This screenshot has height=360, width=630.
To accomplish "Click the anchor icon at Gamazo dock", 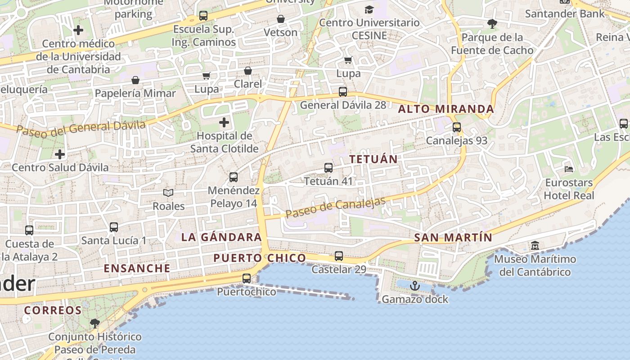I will pyautogui.click(x=414, y=286).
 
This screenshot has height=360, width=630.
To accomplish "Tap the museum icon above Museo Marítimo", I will pyautogui.click(x=535, y=246).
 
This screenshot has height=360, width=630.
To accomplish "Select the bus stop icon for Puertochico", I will pyautogui.click(x=247, y=279).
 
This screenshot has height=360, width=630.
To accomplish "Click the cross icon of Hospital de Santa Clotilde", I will pyautogui.click(x=224, y=122).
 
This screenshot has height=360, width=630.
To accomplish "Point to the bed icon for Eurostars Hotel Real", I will pyautogui.click(x=569, y=169).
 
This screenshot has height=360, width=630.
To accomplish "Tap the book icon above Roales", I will pyautogui.click(x=168, y=193).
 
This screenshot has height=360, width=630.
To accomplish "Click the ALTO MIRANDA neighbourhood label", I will pyautogui.click(x=446, y=109).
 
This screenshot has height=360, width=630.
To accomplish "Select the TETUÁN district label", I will pyautogui.click(x=373, y=159).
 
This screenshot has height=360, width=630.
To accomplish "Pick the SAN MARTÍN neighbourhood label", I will pyautogui.click(x=453, y=238).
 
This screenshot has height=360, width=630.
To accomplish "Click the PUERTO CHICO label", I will pyautogui.click(x=260, y=258).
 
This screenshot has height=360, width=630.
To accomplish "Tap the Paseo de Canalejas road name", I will pyautogui.click(x=335, y=207).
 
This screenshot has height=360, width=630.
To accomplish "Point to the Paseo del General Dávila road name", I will pyautogui.click(x=81, y=127).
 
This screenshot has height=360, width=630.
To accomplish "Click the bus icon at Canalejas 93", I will pyautogui.click(x=457, y=127).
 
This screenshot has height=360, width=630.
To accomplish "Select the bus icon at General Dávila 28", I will pyautogui.click(x=343, y=92).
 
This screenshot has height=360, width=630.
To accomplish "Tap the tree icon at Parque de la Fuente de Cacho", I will pyautogui.click(x=492, y=24).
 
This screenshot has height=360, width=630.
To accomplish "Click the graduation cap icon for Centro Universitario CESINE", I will pyautogui.click(x=369, y=9).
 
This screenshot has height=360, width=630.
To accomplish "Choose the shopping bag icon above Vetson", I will pyautogui.click(x=281, y=19).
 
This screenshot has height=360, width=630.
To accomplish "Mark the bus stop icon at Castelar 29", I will pyautogui.click(x=339, y=256).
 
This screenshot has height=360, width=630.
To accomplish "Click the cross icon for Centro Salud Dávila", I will pyautogui.click(x=60, y=154).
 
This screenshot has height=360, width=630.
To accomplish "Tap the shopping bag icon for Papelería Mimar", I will pyautogui.click(x=135, y=80).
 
